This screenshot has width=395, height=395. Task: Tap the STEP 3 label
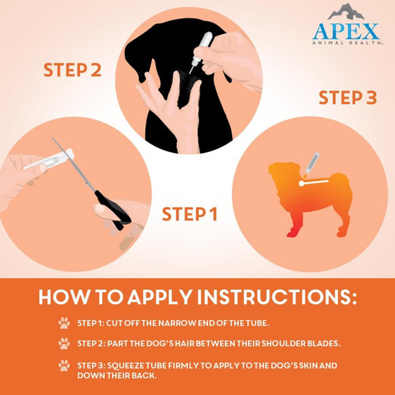click(x=347, y=97)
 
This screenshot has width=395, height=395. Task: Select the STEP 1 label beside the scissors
click(x=189, y=215)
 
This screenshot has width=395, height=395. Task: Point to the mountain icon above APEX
click(x=346, y=12)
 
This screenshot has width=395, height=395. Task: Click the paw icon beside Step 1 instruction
click(x=64, y=323)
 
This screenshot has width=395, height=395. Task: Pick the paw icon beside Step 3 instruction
click(x=64, y=365)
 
